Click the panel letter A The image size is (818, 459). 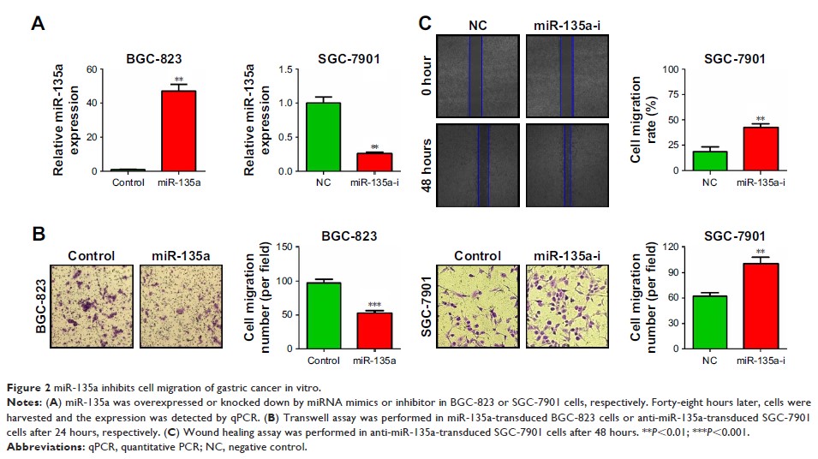tap(37, 23)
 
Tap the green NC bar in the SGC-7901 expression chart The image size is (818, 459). tap(324, 136)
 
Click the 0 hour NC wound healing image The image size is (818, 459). tap(476, 75)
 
